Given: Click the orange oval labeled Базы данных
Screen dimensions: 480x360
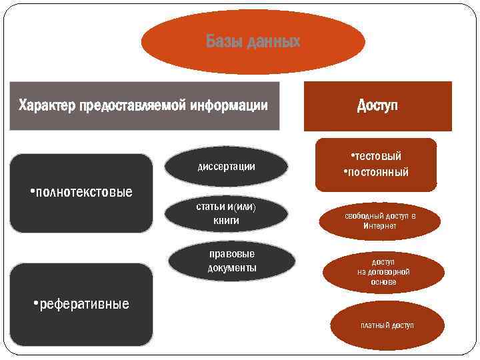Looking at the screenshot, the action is coord(253,42).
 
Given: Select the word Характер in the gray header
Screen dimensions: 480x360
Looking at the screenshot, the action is coord(47,105).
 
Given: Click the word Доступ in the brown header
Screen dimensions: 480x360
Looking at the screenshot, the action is coord(377,105).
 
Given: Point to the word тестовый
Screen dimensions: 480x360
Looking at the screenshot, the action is coord(377,156).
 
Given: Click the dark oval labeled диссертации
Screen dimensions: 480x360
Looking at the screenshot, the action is coord(226,166).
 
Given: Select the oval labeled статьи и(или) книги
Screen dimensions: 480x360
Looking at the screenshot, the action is coord(226,213).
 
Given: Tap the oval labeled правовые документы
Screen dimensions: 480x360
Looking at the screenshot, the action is coord(231,261).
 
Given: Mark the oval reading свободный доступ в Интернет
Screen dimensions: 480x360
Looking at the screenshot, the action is coord(380,221).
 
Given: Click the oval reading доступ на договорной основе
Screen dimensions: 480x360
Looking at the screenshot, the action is coord(383,272).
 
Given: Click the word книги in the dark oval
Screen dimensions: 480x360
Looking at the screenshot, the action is coord(226,221).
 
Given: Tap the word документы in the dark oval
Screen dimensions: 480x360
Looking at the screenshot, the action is coord(231,268).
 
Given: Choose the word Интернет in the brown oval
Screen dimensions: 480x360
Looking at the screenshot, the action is coord(380,226).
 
